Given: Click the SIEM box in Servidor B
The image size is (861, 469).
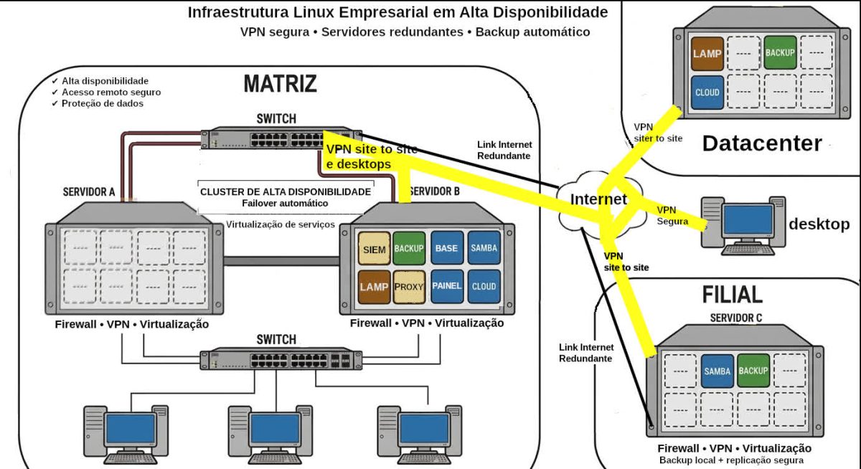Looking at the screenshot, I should point(373,249).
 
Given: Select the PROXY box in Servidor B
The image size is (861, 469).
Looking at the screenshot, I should point(409,286).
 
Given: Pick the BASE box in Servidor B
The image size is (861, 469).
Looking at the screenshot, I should point(446,249).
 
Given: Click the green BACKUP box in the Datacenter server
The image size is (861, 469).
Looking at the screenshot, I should point(780,53).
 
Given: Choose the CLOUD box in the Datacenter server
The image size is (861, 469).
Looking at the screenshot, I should point(707,93).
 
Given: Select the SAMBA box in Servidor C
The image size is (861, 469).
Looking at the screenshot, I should point(717,371).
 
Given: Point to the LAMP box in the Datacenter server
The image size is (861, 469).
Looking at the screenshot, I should point(707,53).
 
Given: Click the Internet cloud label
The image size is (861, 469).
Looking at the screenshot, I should point(598,199).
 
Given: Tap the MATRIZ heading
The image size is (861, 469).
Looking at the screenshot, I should point(280,83).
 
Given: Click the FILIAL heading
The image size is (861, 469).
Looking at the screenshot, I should point(732,295).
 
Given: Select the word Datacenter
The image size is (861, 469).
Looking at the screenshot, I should point(761,143).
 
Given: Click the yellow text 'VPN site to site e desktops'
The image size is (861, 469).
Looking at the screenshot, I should point(370,156).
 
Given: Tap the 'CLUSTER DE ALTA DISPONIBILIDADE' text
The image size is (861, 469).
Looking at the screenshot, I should point(285,191).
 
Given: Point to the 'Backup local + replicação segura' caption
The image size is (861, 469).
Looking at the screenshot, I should point(731,460).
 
